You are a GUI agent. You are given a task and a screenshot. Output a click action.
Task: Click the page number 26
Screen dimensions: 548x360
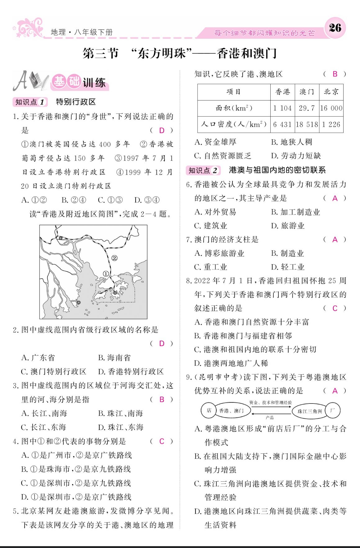[x=335, y=28]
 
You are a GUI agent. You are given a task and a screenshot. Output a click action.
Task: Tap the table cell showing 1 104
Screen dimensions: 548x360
[x=282, y=108]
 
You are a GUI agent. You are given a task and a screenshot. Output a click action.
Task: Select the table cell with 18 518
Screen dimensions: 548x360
[x=307, y=125]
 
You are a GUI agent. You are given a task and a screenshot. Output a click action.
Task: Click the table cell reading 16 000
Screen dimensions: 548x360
[x=331, y=108]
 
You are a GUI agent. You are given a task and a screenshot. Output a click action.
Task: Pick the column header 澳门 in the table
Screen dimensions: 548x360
[x=307, y=92]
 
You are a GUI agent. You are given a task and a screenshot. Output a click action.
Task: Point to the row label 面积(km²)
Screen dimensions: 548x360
[x=234, y=108]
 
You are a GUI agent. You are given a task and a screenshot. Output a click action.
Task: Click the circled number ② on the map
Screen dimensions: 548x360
[x=115, y=258]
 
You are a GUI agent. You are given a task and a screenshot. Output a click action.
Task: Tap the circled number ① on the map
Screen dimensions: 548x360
[x=106, y=274]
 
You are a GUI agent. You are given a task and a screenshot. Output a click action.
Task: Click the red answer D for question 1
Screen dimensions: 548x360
[x=161, y=130]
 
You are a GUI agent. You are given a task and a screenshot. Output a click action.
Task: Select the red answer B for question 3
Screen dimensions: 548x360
[x=161, y=399]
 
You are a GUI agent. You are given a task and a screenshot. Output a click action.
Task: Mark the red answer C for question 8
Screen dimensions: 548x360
[x=335, y=308]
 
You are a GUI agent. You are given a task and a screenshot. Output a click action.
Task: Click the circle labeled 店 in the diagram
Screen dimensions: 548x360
[x=209, y=411]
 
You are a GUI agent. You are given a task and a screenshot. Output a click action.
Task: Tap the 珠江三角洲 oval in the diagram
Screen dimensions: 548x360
[x=310, y=411]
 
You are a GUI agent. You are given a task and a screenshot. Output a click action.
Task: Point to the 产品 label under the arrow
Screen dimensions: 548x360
[x=270, y=417]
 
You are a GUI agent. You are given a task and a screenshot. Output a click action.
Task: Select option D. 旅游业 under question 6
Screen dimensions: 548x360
[x=288, y=226]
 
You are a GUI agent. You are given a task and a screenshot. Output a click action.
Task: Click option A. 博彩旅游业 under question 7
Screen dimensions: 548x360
[x=219, y=253]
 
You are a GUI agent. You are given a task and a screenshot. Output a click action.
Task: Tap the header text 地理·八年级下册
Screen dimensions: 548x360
[x=82, y=32]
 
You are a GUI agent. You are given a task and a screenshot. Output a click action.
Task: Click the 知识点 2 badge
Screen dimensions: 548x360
[x=203, y=170]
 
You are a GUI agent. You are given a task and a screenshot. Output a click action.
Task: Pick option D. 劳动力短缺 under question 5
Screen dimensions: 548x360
[x=296, y=156]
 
